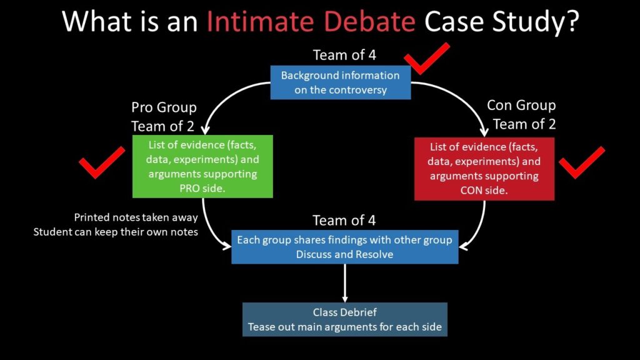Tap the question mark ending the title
[x=570, y=21]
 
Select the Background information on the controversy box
[x=340, y=82]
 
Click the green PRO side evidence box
[x=202, y=166]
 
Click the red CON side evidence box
[x=484, y=169]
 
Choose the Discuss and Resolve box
[x=344, y=247]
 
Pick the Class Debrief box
[x=344, y=319]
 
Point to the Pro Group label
[x=164, y=108]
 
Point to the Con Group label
[x=521, y=106]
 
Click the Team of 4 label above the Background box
[x=344, y=55]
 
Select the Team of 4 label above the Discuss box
[x=344, y=220]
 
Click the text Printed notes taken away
[x=136, y=218]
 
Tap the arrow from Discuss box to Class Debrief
[x=344, y=282]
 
